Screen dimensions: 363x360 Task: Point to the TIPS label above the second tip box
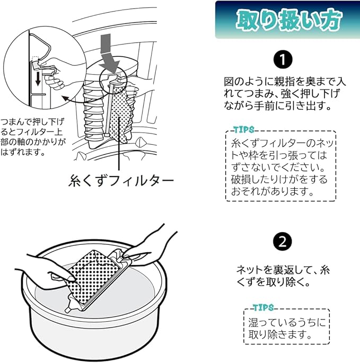pyautogui.click(x=264, y=307)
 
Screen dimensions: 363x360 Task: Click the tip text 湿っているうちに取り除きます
pyautogui.click(x=287, y=329)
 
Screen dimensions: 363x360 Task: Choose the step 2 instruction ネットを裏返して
pyautogui.click(x=283, y=276)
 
